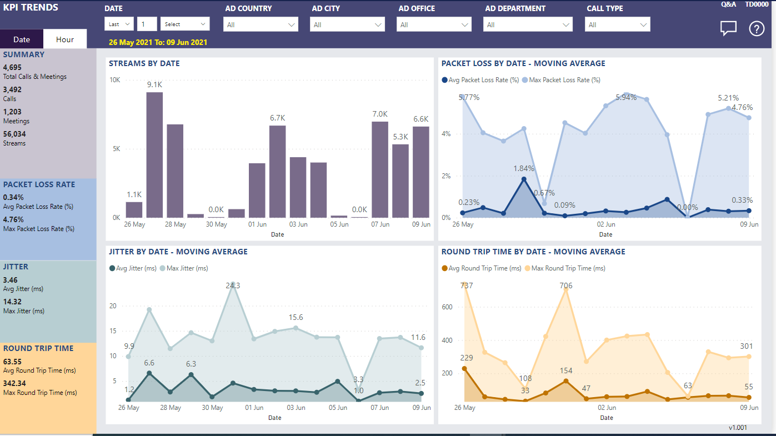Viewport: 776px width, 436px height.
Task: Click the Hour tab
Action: click(65, 39)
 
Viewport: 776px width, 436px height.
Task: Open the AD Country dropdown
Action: click(261, 24)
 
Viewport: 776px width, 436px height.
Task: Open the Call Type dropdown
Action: click(617, 24)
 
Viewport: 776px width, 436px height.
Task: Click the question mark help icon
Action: click(757, 29)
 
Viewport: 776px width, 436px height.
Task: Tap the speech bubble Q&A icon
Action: click(728, 28)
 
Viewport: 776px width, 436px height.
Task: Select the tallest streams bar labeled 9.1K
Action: click(154, 155)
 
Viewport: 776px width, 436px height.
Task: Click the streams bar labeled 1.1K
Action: click(134, 209)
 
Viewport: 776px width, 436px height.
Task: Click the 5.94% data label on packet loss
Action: click(626, 97)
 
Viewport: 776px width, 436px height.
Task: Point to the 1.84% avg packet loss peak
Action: click(524, 168)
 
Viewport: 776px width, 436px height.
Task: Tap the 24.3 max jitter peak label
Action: click(233, 285)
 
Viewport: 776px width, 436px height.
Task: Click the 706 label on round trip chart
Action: click(565, 285)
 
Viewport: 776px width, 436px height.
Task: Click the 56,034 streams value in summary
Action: click(14, 134)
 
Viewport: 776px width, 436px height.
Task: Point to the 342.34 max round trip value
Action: click(14, 383)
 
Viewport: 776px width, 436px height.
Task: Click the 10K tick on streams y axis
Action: click(114, 80)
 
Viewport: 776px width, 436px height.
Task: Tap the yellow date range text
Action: click(158, 42)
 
